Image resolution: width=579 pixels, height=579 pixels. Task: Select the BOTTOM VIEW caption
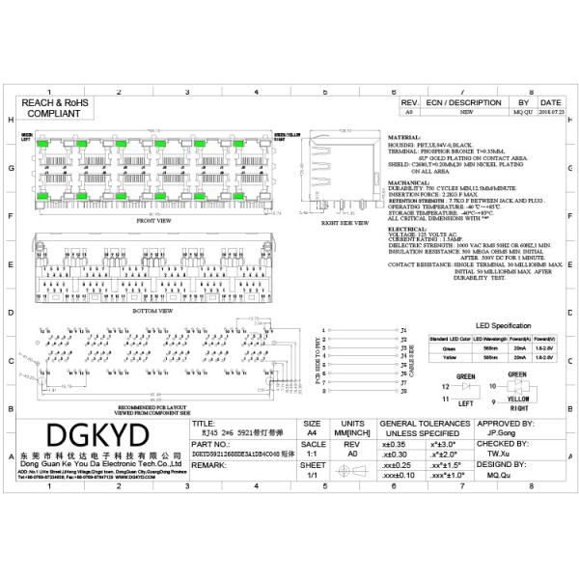153,312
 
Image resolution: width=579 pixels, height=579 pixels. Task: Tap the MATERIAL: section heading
405,138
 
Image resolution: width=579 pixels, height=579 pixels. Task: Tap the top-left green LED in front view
46,142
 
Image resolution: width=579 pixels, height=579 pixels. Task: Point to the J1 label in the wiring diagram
402,330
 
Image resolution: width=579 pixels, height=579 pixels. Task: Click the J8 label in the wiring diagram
402,393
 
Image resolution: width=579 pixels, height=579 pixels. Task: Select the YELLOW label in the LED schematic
517,398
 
